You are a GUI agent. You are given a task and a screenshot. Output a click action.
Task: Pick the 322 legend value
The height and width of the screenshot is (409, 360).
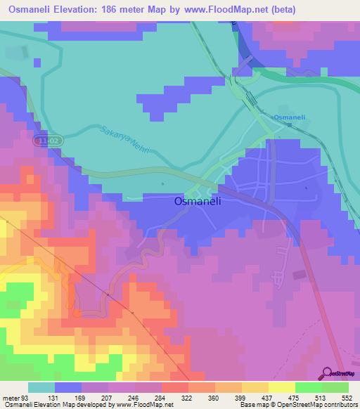coord(188,397)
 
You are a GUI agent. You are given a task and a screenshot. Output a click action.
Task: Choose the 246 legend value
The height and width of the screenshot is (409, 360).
coord(135,397)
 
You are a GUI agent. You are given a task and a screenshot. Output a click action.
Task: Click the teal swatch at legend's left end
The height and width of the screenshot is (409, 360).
coord(41,387)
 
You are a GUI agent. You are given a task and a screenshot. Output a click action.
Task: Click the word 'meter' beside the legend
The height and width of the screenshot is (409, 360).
coord(11,397)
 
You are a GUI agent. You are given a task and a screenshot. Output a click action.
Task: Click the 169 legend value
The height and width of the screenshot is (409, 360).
coord(82,397)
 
